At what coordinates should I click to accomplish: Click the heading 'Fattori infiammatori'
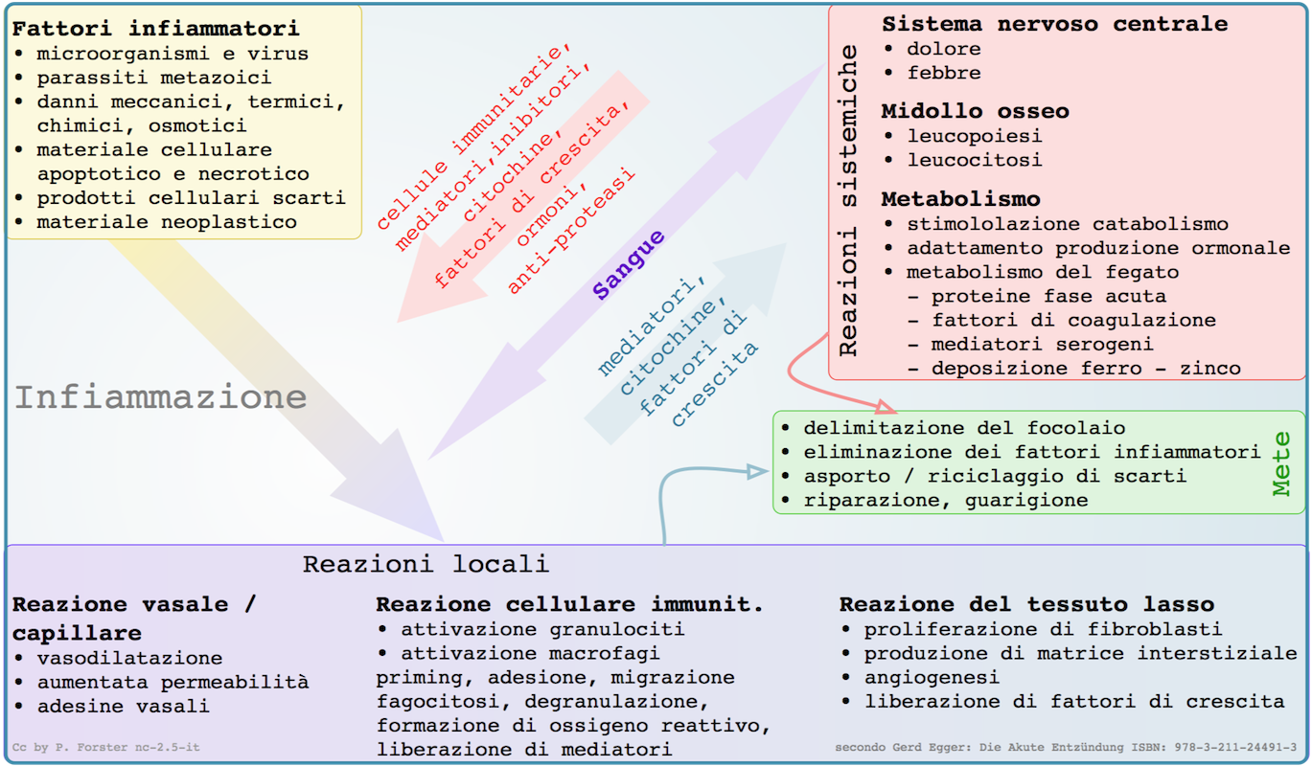(155, 28)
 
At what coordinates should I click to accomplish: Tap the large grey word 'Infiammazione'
(161, 397)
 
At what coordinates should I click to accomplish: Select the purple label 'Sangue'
(629, 265)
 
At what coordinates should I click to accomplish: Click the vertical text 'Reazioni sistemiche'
(848, 208)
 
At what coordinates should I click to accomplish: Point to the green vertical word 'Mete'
(1282, 463)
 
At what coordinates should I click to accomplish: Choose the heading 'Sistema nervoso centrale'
(1054, 24)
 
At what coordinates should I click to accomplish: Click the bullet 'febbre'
(944, 73)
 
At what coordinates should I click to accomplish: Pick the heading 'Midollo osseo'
(975, 111)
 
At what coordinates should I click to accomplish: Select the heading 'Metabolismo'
(960, 199)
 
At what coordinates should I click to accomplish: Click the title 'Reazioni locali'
(426, 564)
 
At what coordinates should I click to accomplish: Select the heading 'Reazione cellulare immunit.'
(569, 604)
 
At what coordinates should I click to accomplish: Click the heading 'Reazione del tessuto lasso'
(1026, 604)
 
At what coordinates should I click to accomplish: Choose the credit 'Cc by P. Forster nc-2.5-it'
(105, 747)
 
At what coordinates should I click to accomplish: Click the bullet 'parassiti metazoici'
(153, 78)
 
